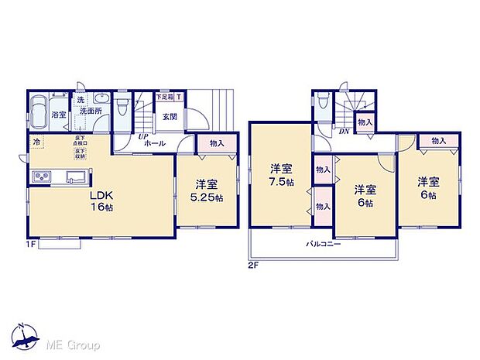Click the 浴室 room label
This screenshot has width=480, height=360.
tap(58, 115)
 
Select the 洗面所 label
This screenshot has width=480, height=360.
tap(94, 111)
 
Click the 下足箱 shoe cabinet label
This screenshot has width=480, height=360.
tap(163, 97)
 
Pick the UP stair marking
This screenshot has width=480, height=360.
tap(144, 136)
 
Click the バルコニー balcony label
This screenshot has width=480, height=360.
tap(318, 242)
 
